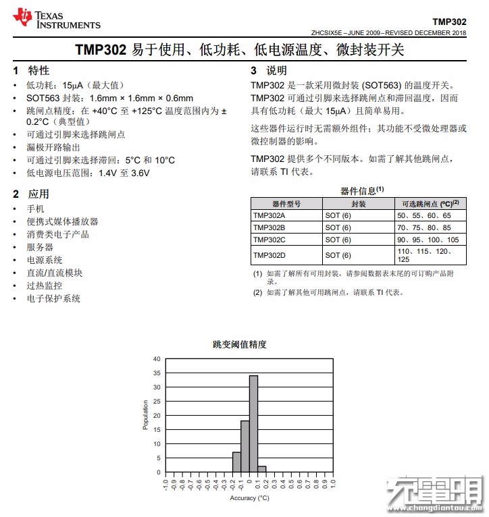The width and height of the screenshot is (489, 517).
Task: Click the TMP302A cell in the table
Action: (269, 215)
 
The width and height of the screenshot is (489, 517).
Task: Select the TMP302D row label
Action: (269, 255)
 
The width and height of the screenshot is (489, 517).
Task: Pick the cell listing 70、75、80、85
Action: (422, 227)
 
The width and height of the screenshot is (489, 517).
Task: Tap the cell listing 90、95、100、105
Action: (428, 240)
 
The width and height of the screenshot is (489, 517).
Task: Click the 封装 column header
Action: (359, 203)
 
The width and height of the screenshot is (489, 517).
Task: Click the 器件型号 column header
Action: (286, 203)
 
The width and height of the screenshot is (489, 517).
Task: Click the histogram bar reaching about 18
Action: (245, 446)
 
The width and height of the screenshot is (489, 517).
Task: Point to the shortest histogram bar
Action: (262, 468)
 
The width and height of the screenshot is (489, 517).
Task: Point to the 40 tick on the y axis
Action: (157, 359)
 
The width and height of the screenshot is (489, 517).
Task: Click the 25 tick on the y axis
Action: (157, 402)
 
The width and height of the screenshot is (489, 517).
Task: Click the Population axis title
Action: (145, 415)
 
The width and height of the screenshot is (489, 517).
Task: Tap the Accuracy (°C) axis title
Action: (249, 498)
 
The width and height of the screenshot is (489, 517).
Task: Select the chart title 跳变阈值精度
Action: (240, 344)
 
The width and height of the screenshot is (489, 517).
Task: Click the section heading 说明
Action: (276, 70)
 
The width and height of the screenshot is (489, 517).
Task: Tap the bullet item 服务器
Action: (40, 247)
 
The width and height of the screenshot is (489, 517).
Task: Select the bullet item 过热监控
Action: (45, 285)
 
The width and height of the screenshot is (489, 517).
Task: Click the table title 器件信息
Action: (361, 190)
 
